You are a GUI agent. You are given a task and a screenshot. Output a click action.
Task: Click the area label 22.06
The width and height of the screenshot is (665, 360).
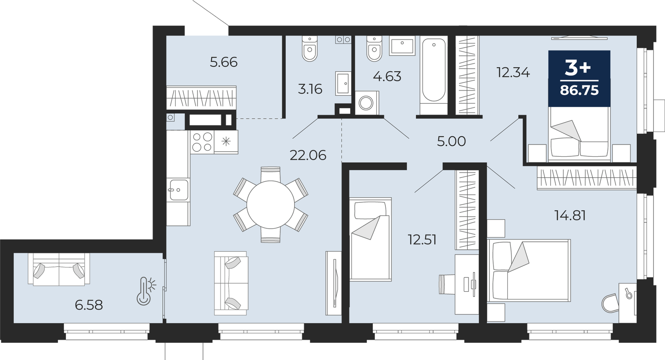click(308, 155)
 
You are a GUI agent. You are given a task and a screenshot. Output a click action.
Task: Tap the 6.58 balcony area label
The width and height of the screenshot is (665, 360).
click(89, 305)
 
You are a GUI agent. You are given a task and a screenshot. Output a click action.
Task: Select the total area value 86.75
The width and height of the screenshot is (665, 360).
click(579, 90)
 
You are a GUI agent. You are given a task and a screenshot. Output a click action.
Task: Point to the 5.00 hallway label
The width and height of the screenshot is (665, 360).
click(451, 141)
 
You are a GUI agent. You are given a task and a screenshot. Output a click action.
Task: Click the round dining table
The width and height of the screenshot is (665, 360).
click(271, 205)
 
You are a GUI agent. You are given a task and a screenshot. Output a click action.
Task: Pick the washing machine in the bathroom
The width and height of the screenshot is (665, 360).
click(367, 103)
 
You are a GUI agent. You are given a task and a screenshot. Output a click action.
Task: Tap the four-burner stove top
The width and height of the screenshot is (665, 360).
click(202, 142)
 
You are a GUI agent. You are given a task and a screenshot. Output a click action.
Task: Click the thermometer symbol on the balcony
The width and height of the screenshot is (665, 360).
click(146, 291)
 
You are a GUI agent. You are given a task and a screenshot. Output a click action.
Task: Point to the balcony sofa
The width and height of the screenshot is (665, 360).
click(59, 269)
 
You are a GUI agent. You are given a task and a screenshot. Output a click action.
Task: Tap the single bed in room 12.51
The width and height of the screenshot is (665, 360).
click(370, 239)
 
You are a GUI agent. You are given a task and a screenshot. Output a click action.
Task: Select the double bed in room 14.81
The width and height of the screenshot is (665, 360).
click(529, 270)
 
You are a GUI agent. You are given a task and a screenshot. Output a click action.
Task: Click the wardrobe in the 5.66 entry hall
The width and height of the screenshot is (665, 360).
click(201, 98)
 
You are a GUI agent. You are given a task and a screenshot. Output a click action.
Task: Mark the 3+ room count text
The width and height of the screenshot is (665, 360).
click(578, 68)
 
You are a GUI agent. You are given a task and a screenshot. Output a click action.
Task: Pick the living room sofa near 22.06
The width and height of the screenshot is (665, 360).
click(231, 283)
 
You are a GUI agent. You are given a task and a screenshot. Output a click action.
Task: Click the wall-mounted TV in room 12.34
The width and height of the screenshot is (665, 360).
click(579, 38)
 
